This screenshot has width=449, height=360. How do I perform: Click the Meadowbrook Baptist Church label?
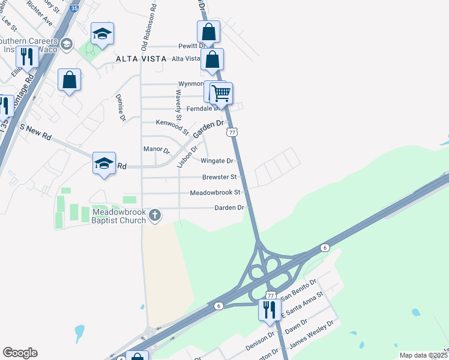119,216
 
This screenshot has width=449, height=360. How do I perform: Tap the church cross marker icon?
155,215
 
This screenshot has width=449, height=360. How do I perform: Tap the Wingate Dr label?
217,161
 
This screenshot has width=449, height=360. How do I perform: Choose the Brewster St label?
220,177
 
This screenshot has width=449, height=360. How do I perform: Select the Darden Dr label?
229,208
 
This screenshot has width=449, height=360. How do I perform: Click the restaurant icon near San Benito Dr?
268,310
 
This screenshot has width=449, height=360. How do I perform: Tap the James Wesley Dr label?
311,335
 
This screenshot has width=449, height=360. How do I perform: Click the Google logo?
20,353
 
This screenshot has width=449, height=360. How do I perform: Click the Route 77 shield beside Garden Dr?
233,131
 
